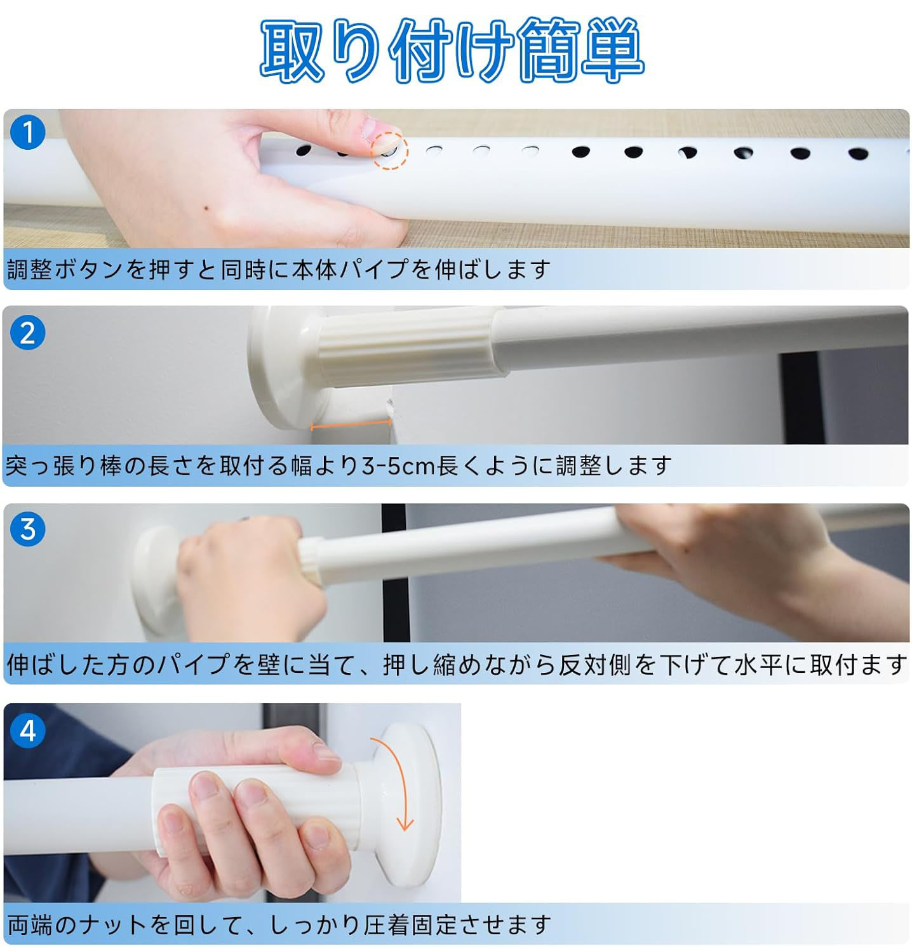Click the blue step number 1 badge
[x=28, y=132]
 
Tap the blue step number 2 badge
[x=28, y=333]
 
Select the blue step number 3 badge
[x=28, y=529]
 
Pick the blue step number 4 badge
[x=28, y=731]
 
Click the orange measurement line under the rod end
[x=350, y=426]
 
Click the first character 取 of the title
[x=292, y=50]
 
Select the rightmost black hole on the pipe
[x=858, y=154]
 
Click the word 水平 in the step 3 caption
[x=758, y=665]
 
